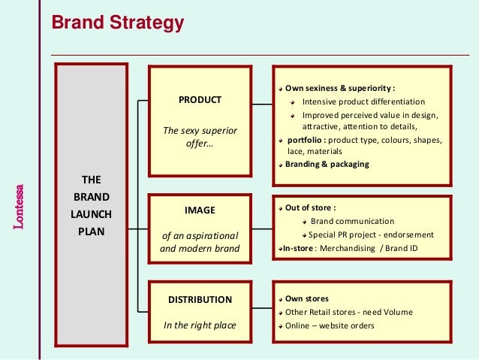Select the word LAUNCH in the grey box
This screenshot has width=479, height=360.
click(x=92, y=214)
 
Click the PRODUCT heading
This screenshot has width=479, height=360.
click(x=200, y=99)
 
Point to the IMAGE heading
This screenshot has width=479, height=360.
click(x=200, y=210)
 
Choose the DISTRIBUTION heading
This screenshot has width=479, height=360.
click(x=200, y=299)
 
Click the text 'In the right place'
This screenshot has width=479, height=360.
click(x=200, y=325)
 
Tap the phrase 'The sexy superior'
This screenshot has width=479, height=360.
click(x=200, y=131)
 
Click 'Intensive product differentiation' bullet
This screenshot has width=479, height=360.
click(x=363, y=101)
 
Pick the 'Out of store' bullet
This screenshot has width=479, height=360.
click(x=310, y=208)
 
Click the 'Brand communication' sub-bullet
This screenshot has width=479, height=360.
click(x=352, y=221)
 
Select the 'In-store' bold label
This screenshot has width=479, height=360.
click(x=296, y=248)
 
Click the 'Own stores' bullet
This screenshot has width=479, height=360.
click(x=306, y=298)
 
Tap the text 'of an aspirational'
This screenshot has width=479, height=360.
click(x=200, y=235)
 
